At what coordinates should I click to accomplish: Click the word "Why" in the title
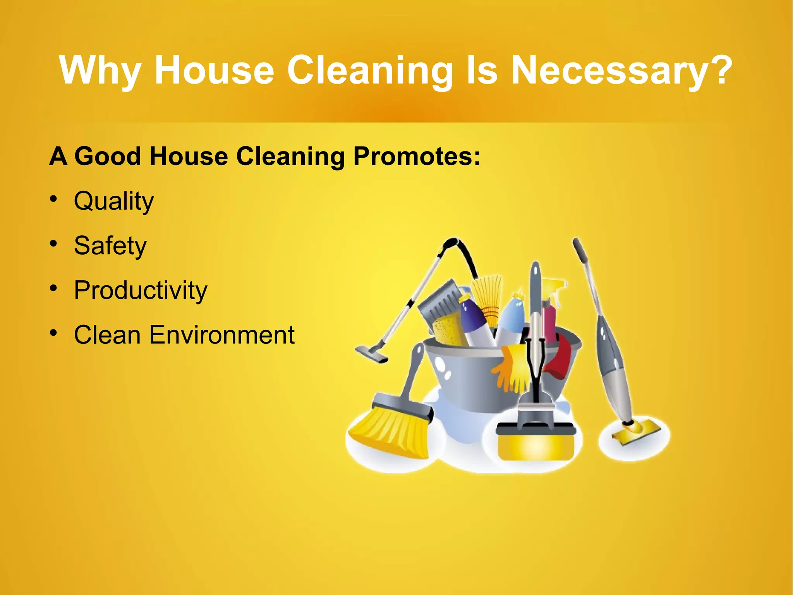[100, 71]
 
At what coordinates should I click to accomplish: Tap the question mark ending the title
[720, 70]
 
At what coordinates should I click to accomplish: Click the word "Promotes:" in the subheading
[417, 157]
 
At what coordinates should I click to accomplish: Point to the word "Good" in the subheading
[107, 157]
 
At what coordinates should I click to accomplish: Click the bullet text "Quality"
[114, 202]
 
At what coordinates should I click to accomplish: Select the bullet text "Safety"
[110, 246]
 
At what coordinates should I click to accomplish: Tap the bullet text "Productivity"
[141, 290]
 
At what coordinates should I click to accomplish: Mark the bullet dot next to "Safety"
[53, 244]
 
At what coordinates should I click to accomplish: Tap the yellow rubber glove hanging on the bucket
[511, 368]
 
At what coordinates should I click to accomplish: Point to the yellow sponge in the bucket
[449, 329]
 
